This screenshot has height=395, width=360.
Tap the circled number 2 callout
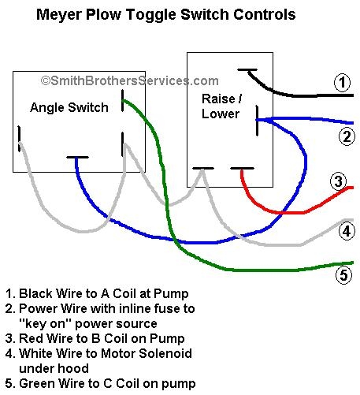tap(347, 136)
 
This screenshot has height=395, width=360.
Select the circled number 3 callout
tap(339, 181)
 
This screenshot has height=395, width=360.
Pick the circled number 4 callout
tap(347, 231)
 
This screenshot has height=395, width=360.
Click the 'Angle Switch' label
tap(69, 107)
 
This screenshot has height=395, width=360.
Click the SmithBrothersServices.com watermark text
tap(129, 80)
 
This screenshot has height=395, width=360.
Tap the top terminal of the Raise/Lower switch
tap(247, 69)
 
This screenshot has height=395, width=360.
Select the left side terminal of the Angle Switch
tap(19, 138)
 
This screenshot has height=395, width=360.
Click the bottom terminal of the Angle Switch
tap(77, 158)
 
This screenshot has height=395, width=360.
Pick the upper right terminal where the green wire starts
tap(122, 100)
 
